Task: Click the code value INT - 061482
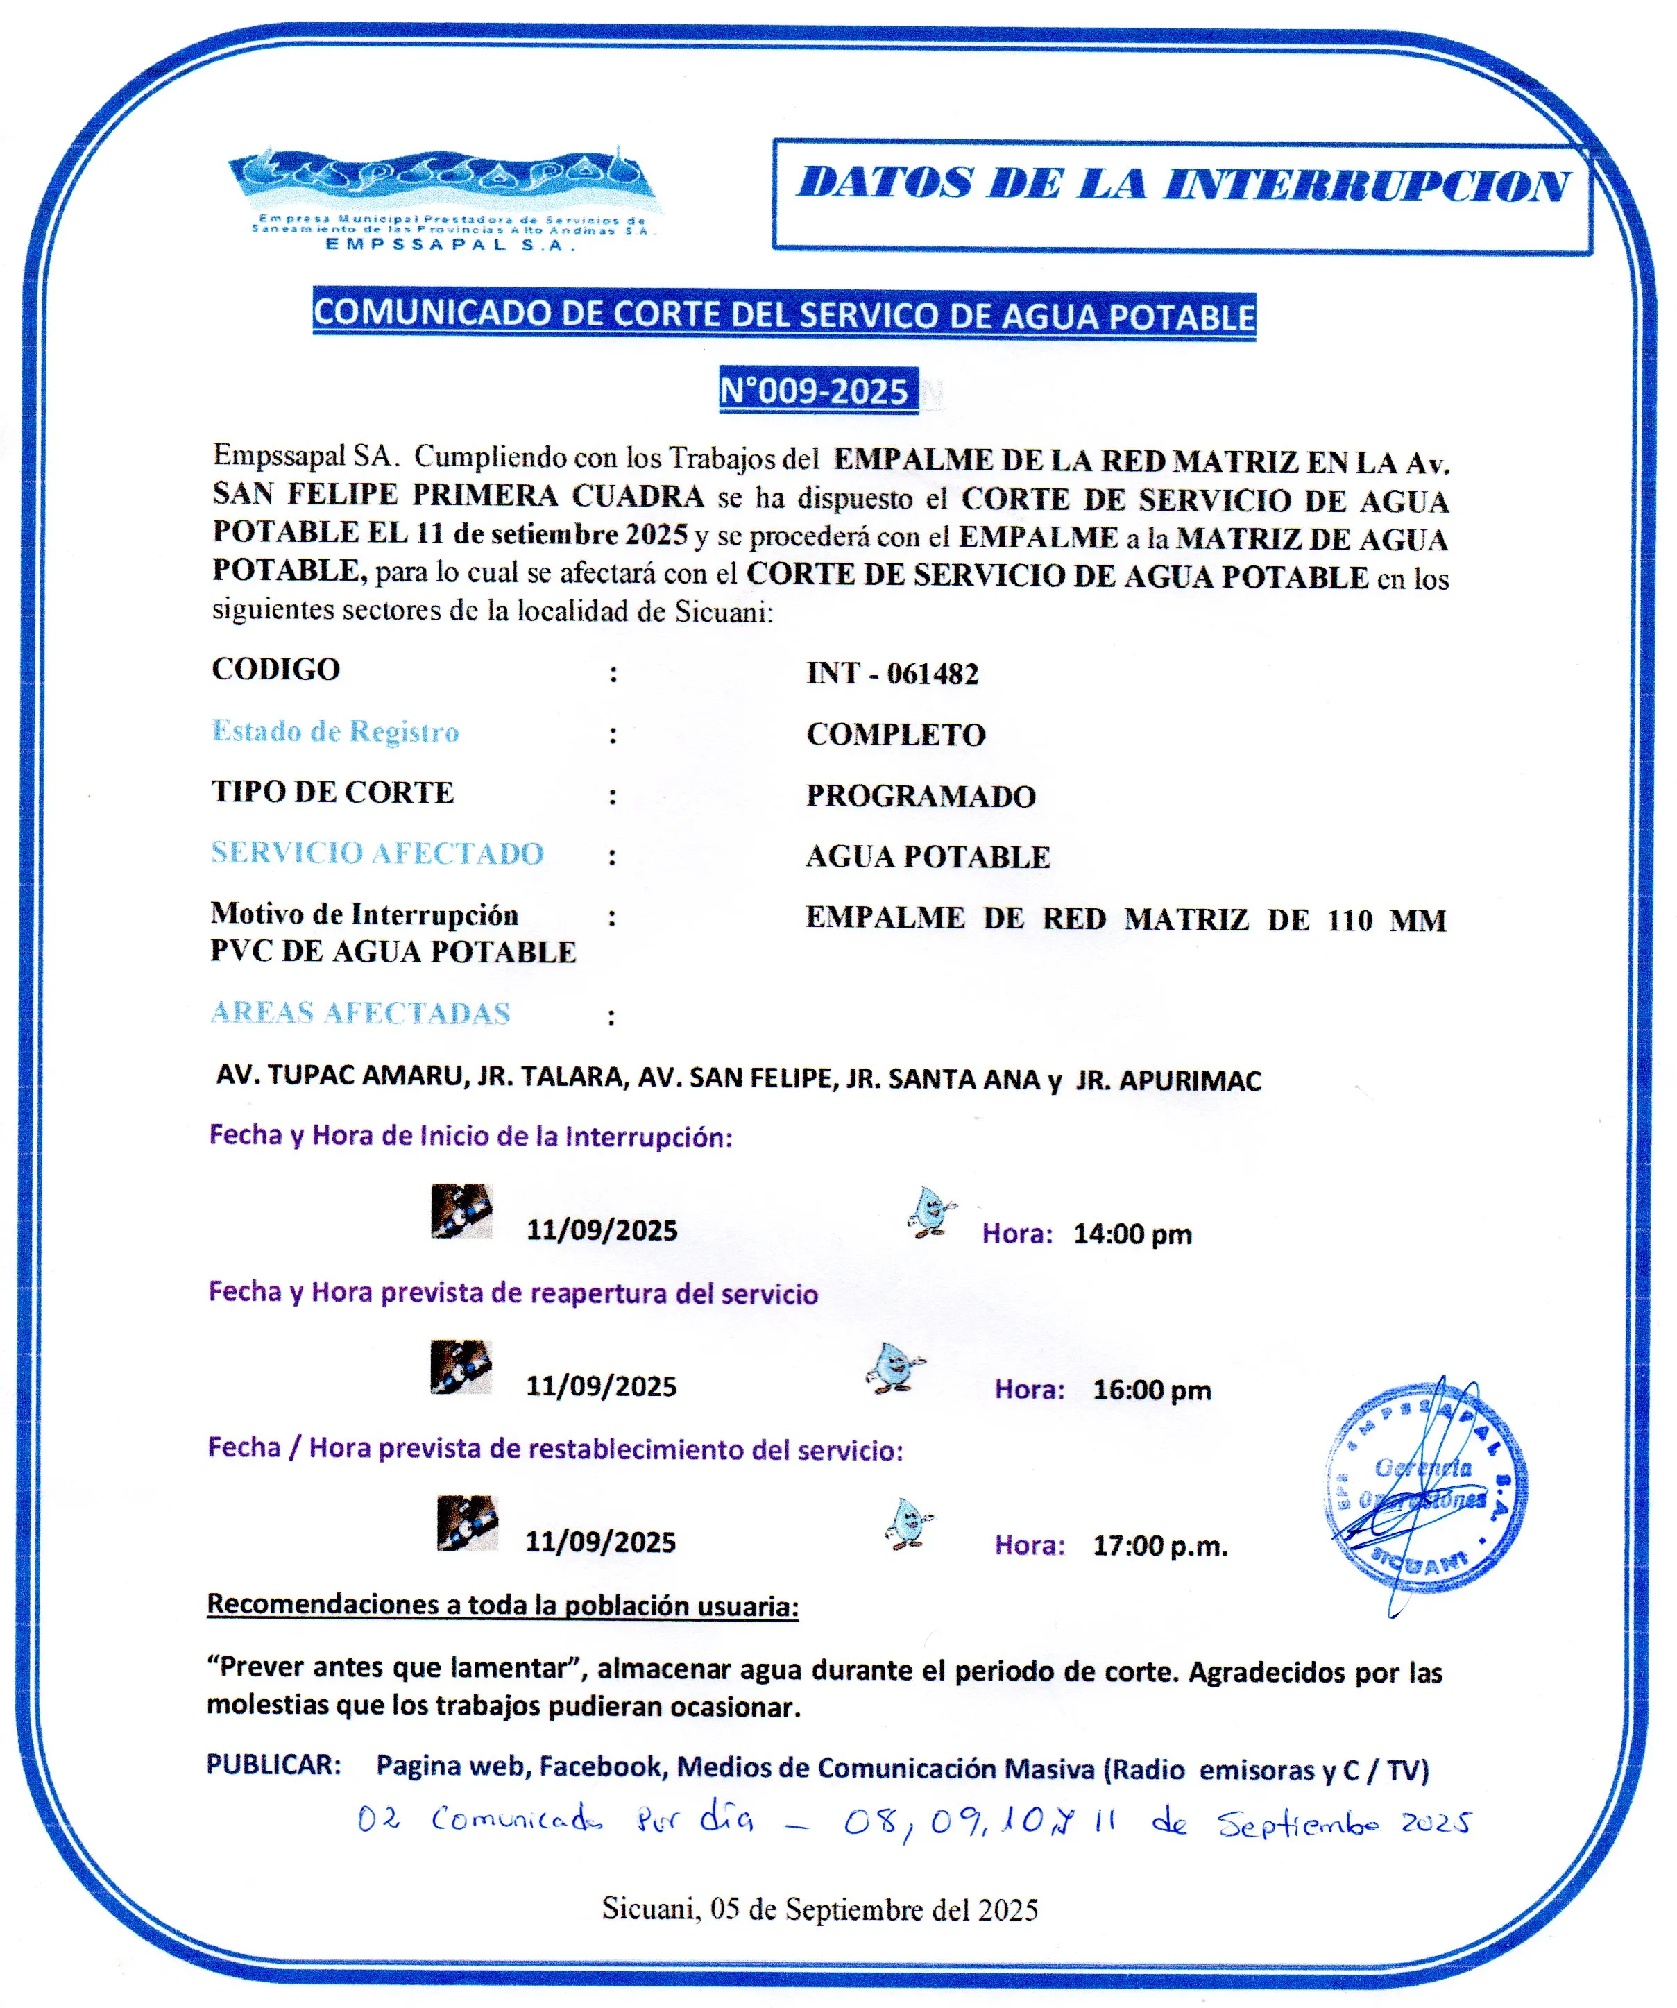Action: (x=892, y=673)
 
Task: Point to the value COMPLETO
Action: (x=896, y=734)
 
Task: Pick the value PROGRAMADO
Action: (x=921, y=796)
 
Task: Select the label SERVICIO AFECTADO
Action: (x=377, y=853)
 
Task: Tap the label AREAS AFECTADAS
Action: (x=361, y=1012)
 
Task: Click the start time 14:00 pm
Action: (x=1132, y=1234)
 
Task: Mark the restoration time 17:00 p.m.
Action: (x=1160, y=1546)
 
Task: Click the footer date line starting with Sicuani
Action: (x=819, y=1909)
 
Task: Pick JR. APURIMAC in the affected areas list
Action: (x=1168, y=1080)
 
